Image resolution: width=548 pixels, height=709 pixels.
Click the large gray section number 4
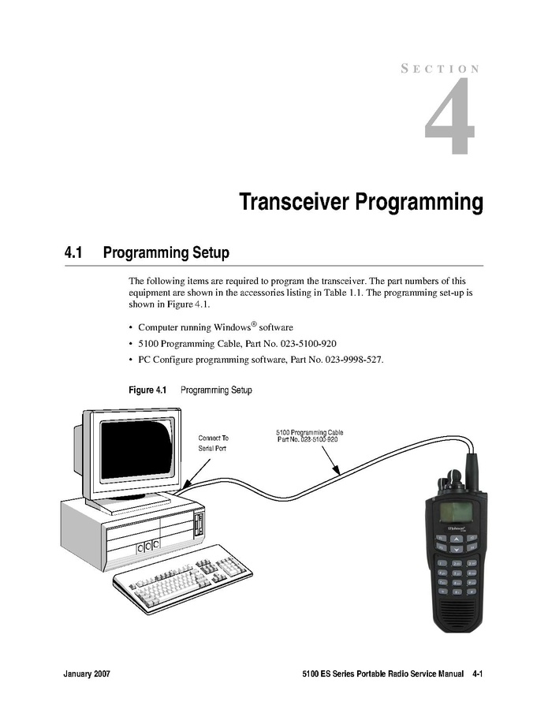[450, 116]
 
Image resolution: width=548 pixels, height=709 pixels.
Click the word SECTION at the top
[440, 69]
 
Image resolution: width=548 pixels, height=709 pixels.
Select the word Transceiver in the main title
[294, 202]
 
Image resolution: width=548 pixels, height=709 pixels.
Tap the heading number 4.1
[73, 252]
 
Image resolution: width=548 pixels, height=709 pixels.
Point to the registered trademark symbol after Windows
[254, 324]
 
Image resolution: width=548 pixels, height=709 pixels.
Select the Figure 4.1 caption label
[148, 390]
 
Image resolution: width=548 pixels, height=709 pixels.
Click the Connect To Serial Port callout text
[214, 443]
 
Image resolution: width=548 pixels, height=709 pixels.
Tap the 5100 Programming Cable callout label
[310, 436]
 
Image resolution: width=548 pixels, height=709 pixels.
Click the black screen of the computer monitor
[137, 450]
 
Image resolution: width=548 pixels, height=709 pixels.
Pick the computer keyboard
[182, 579]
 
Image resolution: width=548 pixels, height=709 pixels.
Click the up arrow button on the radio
[457, 539]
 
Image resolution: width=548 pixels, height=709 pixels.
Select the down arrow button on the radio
[457, 549]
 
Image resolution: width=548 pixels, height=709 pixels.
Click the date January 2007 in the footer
[87, 674]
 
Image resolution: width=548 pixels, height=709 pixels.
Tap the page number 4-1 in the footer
[478, 674]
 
